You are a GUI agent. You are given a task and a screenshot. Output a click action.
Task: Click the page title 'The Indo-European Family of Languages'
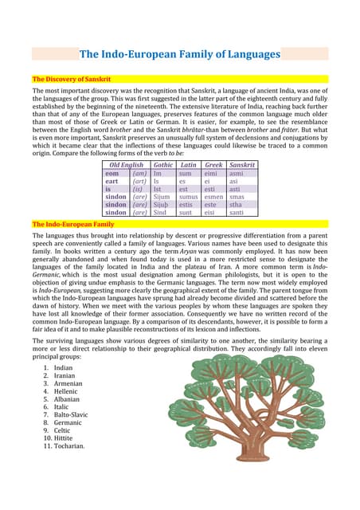(x=179, y=55)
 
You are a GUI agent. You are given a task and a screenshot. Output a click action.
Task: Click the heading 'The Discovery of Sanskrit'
(x=71, y=80)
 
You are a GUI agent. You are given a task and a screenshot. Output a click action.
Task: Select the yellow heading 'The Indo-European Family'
(x=72, y=225)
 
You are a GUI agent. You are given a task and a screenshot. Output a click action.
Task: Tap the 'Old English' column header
(x=127, y=165)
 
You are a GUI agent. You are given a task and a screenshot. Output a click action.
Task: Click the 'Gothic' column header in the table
(x=163, y=165)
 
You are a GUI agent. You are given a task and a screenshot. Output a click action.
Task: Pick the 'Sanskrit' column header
(x=241, y=165)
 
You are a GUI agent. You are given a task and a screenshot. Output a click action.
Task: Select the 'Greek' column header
(x=213, y=165)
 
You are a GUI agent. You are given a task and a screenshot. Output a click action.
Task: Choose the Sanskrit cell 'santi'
(x=237, y=213)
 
